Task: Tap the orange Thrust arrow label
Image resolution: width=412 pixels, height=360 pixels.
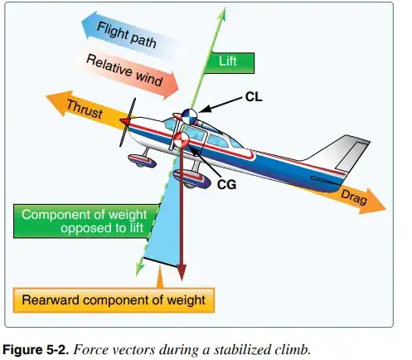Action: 85,110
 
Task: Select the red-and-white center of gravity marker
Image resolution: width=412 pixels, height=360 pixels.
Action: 182,140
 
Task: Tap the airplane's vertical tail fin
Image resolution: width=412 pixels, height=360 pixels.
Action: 343,157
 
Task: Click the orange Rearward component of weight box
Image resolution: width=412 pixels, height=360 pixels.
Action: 114,299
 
